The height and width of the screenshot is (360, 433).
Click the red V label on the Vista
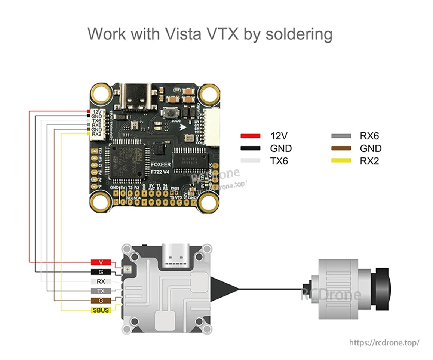point(101,262)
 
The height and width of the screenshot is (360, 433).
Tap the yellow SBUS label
point(101,310)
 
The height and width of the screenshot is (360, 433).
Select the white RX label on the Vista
point(101,281)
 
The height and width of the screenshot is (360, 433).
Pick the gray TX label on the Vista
point(101,291)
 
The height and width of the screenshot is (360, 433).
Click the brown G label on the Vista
point(101,301)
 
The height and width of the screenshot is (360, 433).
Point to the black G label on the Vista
point(101,272)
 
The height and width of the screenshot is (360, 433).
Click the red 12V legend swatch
point(250,136)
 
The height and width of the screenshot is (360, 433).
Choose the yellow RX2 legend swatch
point(341,161)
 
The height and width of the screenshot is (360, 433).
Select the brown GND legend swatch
point(341,148)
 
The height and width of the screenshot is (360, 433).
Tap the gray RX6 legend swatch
point(341,136)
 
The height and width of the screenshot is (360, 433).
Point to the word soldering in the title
point(299,34)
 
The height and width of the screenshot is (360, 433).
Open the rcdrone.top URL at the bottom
point(384,342)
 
